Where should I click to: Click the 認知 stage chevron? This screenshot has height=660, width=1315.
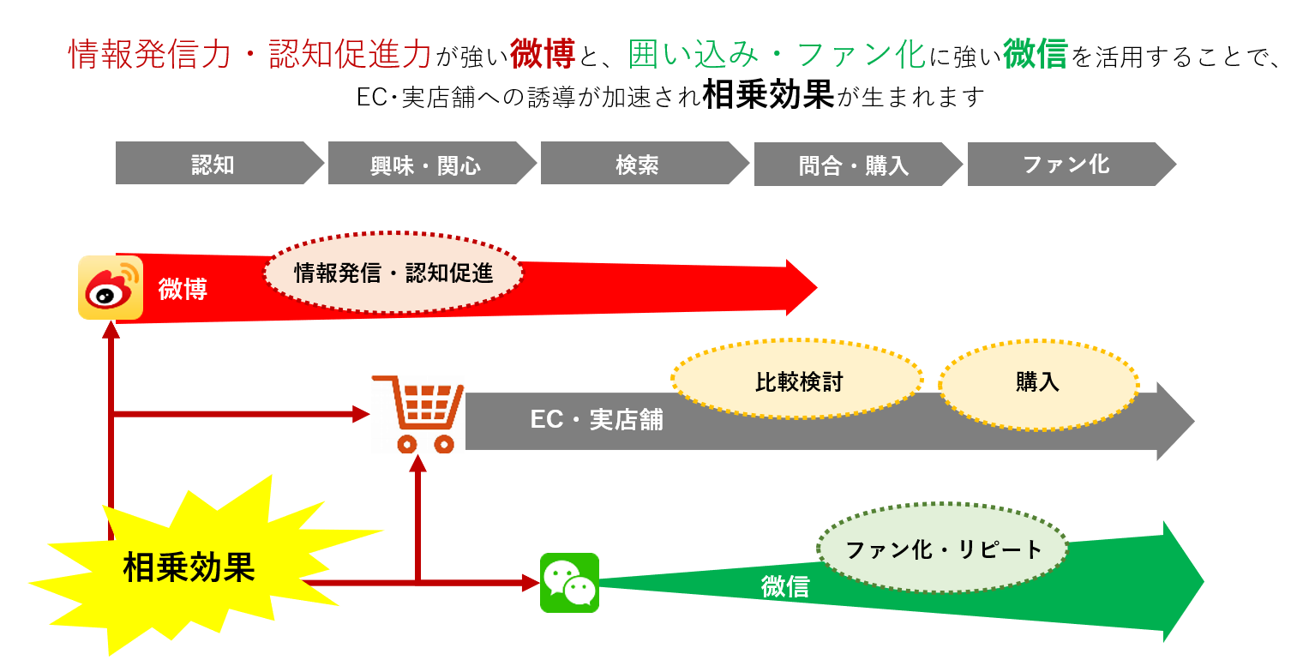click(x=214, y=164)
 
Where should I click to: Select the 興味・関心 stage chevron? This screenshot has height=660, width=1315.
click(x=427, y=165)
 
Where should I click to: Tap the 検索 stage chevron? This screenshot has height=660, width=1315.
click(x=639, y=165)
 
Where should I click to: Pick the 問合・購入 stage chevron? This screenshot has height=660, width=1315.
click(x=853, y=165)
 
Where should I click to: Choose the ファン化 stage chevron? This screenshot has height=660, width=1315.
click(x=1066, y=165)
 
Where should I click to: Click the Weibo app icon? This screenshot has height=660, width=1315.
click(x=111, y=288)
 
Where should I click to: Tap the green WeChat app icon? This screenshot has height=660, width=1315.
click(x=569, y=583)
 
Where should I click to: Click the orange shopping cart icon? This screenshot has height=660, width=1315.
click(x=418, y=413)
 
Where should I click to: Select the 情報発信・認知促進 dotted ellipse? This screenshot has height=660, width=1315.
click(x=393, y=273)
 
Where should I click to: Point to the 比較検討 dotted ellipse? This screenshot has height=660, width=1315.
click(x=797, y=381)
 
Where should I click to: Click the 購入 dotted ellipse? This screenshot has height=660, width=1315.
click(x=1038, y=382)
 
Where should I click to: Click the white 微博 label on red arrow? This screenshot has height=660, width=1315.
click(x=183, y=289)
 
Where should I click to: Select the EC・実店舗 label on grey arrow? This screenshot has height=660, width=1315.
click(x=597, y=419)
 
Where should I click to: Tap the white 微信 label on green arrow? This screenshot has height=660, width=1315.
click(x=785, y=586)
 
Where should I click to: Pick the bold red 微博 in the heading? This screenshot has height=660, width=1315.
click(x=542, y=55)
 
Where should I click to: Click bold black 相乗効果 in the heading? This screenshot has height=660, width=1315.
click(x=768, y=96)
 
